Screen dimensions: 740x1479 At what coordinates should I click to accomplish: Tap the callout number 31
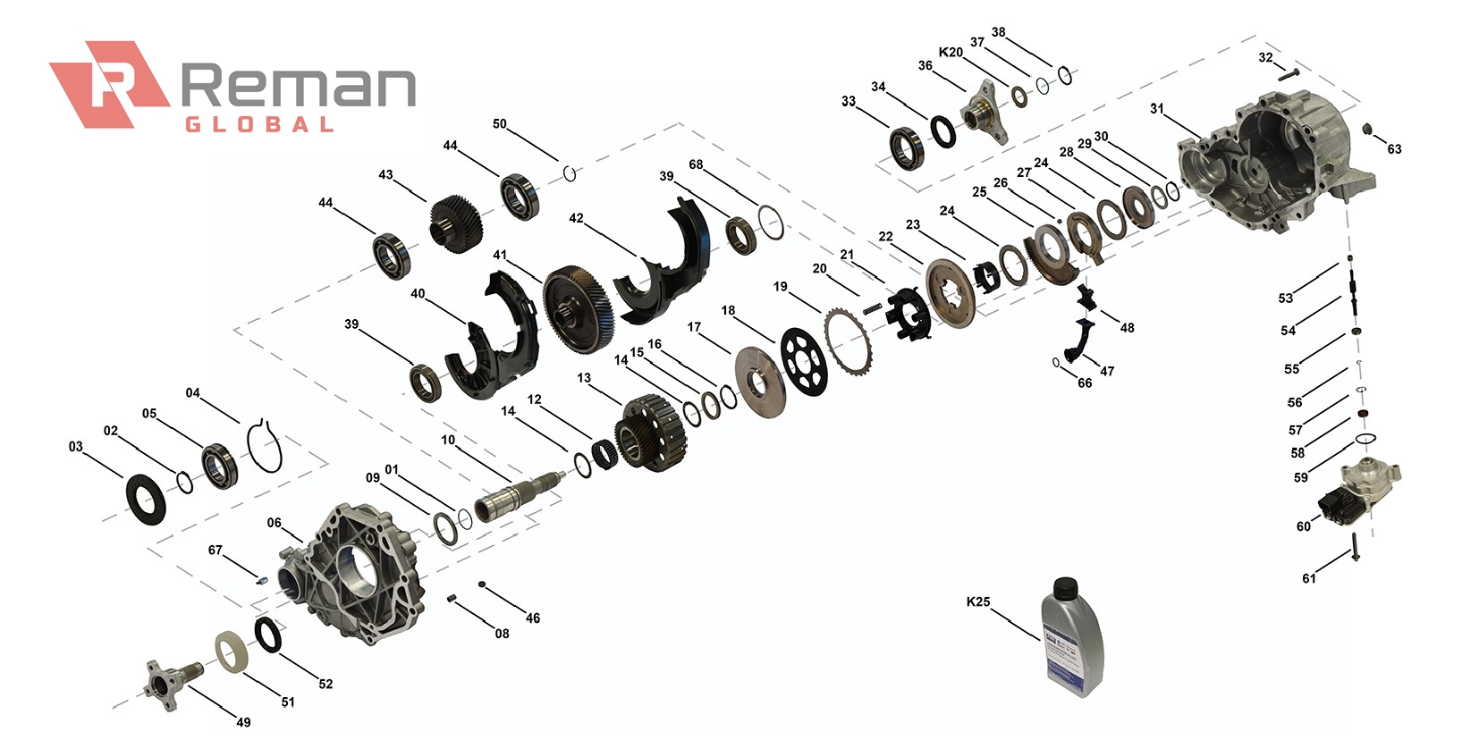(x=1157, y=108)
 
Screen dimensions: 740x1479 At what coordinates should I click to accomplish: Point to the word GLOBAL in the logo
(x=259, y=125)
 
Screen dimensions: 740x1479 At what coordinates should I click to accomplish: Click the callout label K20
(x=951, y=52)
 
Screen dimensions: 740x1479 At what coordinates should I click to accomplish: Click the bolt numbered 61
(x=1356, y=545)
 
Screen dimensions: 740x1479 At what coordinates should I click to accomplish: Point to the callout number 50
(x=499, y=123)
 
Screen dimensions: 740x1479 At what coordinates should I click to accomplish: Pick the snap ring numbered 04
(x=265, y=445)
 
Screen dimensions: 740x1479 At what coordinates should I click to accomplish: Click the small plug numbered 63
(x=1367, y=130)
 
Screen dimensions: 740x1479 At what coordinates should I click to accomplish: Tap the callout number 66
(x=1085, y=383)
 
